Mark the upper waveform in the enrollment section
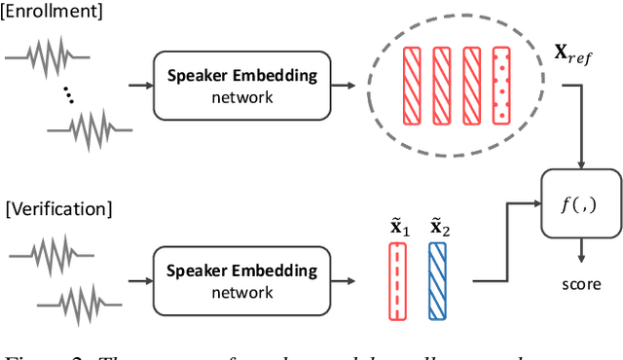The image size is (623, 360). (50, 56)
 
